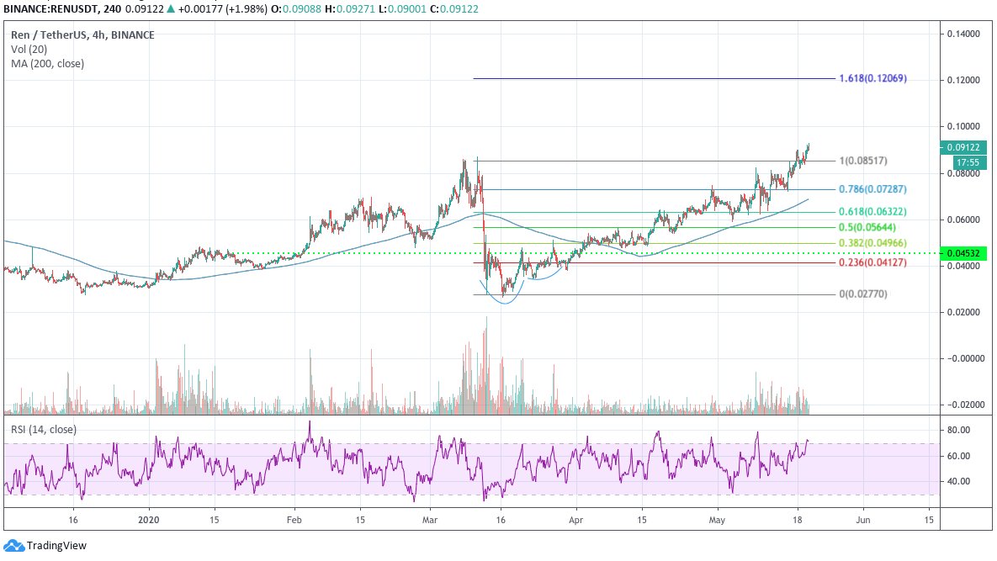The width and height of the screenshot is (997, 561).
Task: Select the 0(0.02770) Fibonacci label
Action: tap(863, 294)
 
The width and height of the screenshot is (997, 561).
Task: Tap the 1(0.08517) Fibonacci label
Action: tap(863, 161)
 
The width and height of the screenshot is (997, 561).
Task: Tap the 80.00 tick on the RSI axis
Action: tap(959, 430)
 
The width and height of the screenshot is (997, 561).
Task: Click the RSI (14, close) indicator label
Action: tap(43, 429)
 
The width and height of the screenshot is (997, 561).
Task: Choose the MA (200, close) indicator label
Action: tap(47, 63)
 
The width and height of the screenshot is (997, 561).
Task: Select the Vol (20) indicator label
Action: tap(30, 50)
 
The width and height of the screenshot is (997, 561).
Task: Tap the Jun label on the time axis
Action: tap(862, 521)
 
